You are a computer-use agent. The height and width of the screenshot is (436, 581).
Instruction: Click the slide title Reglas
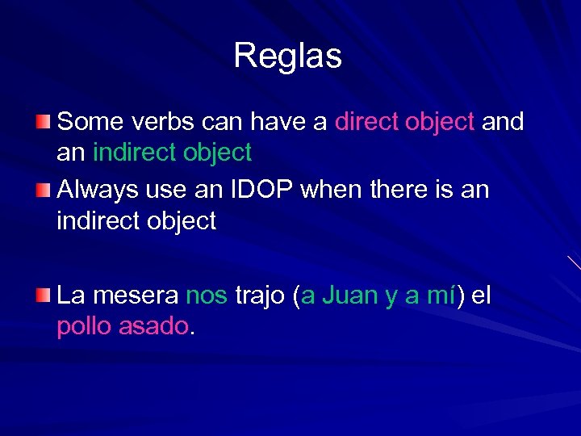click(288, 57)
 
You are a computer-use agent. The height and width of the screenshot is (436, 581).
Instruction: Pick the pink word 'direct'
click(366, 122)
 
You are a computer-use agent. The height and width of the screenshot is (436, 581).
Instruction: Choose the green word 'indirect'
click(132, 152)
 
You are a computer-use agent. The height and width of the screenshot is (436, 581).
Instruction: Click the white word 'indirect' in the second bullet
click(96, 220)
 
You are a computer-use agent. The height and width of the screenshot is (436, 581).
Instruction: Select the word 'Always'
click(98, 191)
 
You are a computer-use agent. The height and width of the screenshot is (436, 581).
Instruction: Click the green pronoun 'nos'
click(207, 296)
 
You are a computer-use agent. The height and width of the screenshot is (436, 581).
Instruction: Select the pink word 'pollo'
click(84, 327)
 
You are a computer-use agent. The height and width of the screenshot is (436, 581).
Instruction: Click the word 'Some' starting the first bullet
click(83, 122)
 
